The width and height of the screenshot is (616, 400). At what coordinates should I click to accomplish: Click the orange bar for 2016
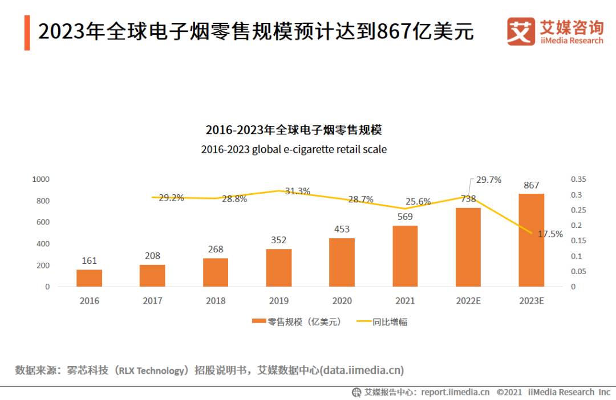click(x=89, y=278)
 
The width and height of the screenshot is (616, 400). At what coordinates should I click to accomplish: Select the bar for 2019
click(x=278, y=268)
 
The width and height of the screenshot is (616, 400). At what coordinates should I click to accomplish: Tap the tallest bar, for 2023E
click(x=531, y=240)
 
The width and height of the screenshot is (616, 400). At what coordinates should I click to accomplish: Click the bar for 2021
click(x=405, y=256)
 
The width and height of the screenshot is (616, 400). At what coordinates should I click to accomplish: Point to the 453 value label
click(x=342, y=229)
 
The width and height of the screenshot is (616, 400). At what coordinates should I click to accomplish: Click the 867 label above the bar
click(x=531, y=185)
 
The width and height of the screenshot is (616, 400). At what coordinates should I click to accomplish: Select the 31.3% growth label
click(x=297, y=191)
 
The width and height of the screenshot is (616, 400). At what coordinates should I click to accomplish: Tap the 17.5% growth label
click(x=550, y=234)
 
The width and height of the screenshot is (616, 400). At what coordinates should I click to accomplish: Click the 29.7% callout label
click(x=488, y=180)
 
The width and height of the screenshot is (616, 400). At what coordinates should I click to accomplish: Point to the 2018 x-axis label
click(x=215, y=301)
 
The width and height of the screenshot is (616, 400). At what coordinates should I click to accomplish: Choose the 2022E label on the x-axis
click(x=468, y=301)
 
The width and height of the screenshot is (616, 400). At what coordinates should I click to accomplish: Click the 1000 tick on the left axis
click(x=40, y=179)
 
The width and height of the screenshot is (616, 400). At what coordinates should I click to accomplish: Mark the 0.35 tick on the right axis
click(x=578, y=179)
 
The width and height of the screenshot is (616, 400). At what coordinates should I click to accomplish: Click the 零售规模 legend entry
click(x=297, y=322)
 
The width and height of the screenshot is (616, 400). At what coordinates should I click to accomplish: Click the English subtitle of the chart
click(x=293, y=149)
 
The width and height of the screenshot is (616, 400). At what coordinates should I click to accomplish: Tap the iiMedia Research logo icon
click(x=521, y=31)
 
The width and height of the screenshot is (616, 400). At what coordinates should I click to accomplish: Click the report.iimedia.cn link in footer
click(x=455, y=392)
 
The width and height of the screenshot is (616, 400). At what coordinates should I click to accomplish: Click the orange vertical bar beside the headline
click(x=27, y=32)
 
